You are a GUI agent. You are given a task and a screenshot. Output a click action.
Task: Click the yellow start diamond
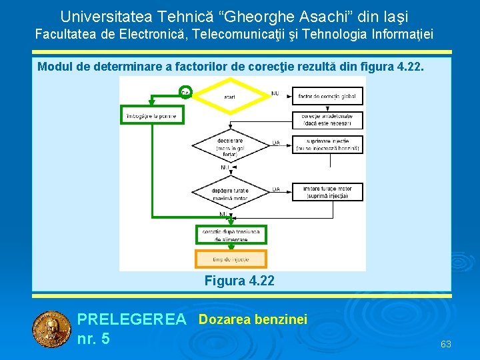(230, 97)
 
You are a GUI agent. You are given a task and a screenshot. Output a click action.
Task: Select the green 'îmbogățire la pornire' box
(151, 116)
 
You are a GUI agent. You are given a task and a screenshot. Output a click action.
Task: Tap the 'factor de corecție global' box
(327, 97)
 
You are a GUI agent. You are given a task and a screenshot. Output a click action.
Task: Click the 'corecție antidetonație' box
(327, 120)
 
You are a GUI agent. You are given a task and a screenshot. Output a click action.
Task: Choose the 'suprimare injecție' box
(327, 145)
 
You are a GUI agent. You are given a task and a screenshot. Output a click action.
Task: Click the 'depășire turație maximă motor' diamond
(230, 193)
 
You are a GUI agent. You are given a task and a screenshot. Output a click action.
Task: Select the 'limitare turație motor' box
(327, 193)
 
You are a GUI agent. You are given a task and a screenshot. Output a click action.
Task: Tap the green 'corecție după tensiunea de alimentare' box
(231, 235)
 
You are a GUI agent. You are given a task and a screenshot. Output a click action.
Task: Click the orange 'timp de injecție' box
(231, 259)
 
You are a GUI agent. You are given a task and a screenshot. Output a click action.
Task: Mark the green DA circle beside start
(185, 92)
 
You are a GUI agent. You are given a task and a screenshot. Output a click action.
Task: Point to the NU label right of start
(275, 93)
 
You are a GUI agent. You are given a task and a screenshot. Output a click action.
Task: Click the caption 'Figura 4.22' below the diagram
(239, 281)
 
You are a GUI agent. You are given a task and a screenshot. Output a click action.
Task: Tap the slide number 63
(446, 344)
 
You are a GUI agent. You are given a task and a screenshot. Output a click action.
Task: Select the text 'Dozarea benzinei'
(253, 320)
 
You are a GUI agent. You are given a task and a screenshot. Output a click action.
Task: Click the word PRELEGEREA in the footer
(132, 320)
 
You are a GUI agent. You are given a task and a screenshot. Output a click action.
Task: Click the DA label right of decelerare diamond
(276, 143)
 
